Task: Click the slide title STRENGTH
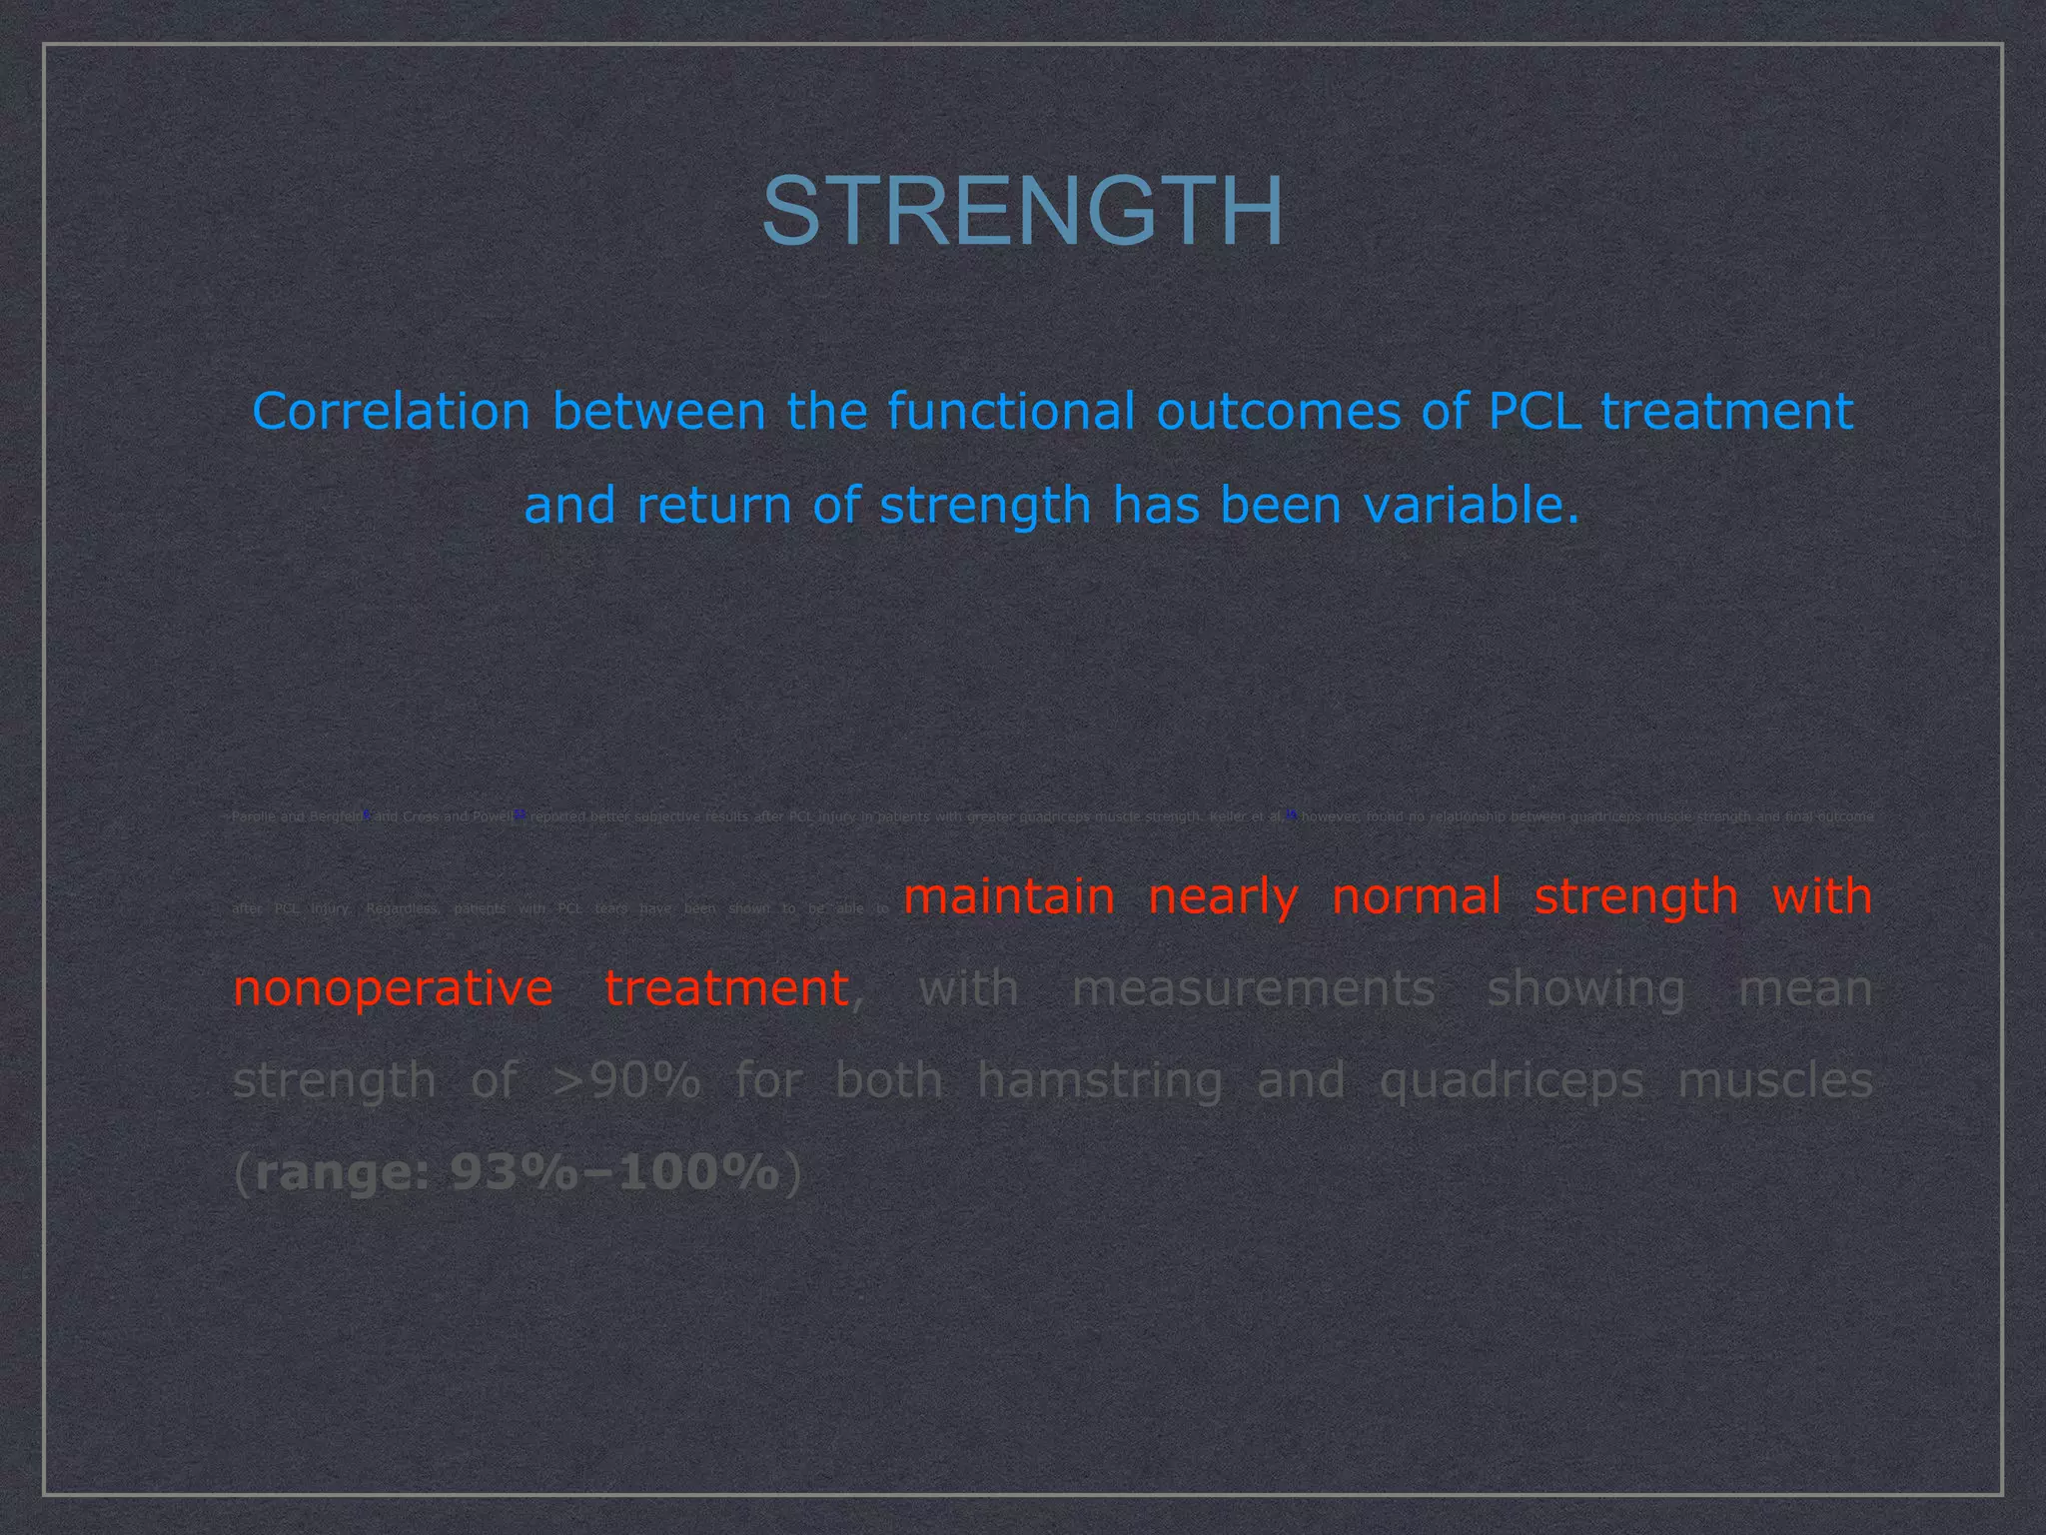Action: pyautogui.click(x=1022, y=211)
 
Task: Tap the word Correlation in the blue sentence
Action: pyautogui.click(x=391, y=411)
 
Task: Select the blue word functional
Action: pyautogui.click(x=1011, y=411)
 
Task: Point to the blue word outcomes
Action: pyautogui.click(x=1279, y=411)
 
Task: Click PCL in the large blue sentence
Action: pyautogui.click(x=1534, y=411)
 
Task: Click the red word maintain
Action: pyautogui.click(x=1009, y=896)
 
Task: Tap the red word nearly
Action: pyautogui.click(x=1223, y=897)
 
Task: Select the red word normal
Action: pyautogui.click(x=1417, y=896)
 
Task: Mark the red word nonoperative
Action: pyautogui.click(x=393, y=989)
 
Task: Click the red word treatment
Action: pyautogui.click(x=726, y=988)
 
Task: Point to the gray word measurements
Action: pyautogui.click(x=1253, y=988)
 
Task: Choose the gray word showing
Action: pyautogui.click(x=1586, y=989)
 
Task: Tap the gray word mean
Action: pyautogui.click(x=1805, y=988)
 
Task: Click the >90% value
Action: pyautogui.click(x=626, y=1080)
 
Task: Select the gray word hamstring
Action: pyautogui.click(x=1100, y=1081)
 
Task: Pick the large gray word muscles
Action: pyautogui.click(x=1774, y=1080)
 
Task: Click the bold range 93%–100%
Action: pyautogui.click(x=516, y=1172)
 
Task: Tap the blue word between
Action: pyautogui.click(x=659, y=411)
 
